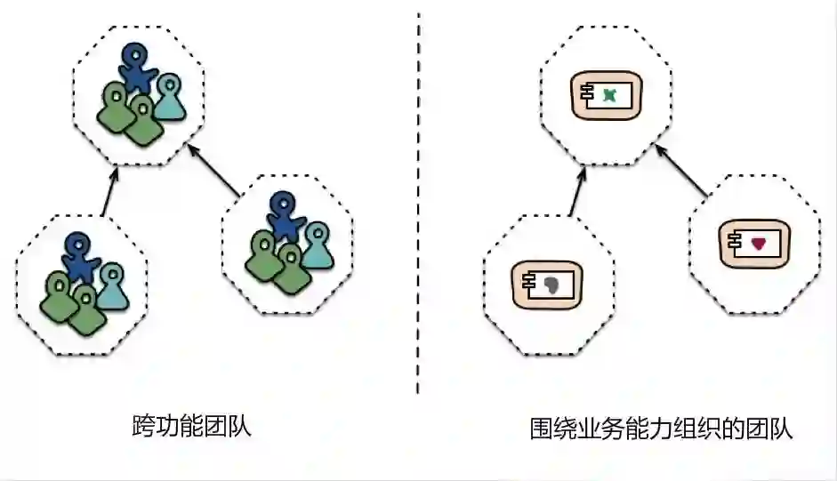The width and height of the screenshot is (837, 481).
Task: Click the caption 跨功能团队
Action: tap(191, 426)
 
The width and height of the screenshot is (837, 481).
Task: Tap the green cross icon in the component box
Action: tap(609, 93)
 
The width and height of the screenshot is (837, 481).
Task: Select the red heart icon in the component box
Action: tap(758, 243)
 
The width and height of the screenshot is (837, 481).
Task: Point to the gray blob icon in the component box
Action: tap(552, 285)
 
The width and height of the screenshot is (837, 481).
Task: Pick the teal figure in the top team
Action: tap(170, 96)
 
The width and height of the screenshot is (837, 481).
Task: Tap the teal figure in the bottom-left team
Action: tap(112, 285)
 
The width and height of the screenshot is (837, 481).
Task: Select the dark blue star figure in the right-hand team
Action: tap(283, 216)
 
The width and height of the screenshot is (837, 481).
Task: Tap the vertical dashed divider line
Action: tap(418, 204)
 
